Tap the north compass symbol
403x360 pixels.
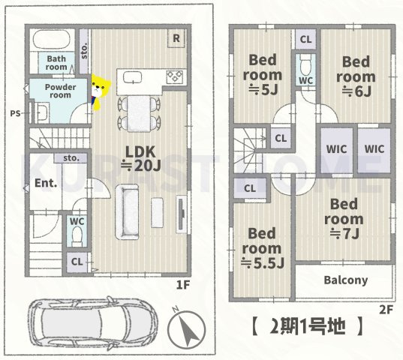coord(187,328)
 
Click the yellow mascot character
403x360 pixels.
coord(98,90)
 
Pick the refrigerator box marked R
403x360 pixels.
coord(175,38)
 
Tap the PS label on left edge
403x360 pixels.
coord(14,113)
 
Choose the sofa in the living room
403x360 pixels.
coord(125,211)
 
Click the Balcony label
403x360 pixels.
coord(345,280)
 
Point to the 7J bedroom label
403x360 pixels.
coord(345,218)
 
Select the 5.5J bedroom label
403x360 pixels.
coord(263,247)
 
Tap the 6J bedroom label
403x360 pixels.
coord(356,76)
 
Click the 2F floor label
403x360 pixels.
coord(386,308)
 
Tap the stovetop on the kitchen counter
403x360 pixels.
coord(174,76)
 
